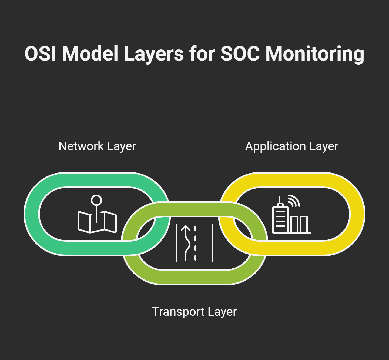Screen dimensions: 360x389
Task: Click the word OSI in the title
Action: (x=41, y=54)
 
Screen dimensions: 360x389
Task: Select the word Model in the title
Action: (x=90, y=54)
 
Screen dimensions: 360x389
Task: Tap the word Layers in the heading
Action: (x=154, y=54)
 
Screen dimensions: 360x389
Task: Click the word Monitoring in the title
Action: (x=315, y=54)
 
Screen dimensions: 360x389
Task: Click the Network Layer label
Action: (x=97, y=146)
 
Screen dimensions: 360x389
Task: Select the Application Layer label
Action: (x=291, y=146)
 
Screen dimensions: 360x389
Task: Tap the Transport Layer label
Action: (x=194, y=311)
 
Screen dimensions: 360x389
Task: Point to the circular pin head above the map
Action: (x=96, y=200)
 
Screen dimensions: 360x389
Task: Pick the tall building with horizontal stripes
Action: (x=280, y=219)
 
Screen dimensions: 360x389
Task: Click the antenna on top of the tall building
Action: (x=280, y=200)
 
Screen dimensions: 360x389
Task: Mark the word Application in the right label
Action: (x=275, y=146)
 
